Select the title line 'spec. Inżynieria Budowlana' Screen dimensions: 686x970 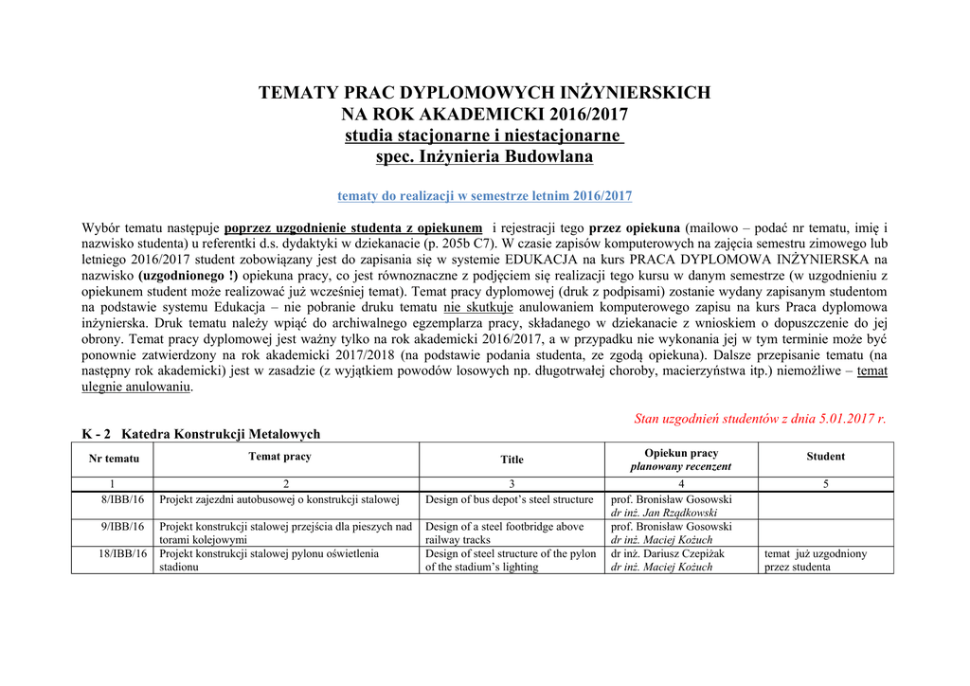click(x=484, y=156)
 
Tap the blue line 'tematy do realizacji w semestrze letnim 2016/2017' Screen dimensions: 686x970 click(x=484, y=196)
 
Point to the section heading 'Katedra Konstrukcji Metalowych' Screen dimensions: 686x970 click(x=221, y=434)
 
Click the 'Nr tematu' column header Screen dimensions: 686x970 click(x=114, y=459)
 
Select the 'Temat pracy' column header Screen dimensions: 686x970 click(x=279, y=457)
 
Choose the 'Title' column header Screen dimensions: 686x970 click(x=512, y=460)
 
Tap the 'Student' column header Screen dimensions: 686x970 click(x=825, y=457)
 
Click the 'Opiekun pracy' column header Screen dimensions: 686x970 click(x=681, y=453)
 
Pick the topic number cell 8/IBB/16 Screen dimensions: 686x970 click(x=122, y=499)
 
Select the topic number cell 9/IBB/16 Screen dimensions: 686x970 click(x=122, y=527)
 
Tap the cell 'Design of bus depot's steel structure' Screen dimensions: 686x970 click(x=509, y=499)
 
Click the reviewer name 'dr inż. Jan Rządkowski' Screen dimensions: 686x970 click(x=663, y=513)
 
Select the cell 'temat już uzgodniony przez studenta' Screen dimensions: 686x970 click(x=815, y=560)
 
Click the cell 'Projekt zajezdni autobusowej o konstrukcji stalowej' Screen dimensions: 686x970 click(x=279, y=499)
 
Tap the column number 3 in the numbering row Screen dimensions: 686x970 click(x=512, y=484)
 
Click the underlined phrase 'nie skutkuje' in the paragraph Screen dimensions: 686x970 click(x=478, y=307)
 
